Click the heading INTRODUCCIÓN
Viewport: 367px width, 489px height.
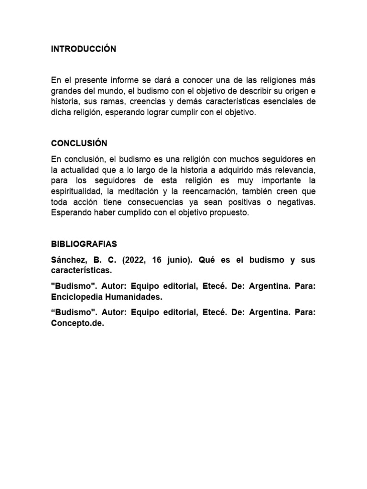tap(84, 49)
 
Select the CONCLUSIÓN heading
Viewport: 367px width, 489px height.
tap(79, 143)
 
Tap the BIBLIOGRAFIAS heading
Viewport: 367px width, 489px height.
tap(84, 244)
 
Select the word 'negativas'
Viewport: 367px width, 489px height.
tap(295, 202)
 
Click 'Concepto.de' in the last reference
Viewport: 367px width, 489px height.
tap(77, 323)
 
